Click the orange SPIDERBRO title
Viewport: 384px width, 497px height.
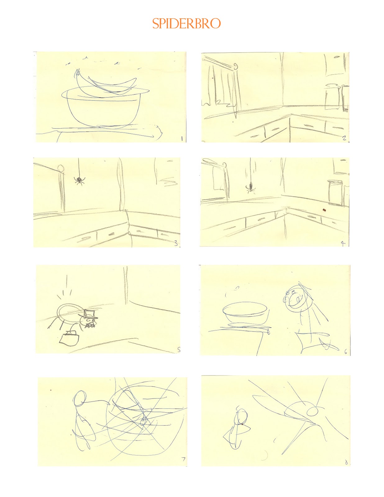tap(186, 23)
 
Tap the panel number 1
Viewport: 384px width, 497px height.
tap(182, 139)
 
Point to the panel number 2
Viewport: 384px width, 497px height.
tap(344, 138)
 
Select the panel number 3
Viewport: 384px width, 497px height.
tap(176, 243)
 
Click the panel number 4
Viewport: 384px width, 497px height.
tap(343, 244)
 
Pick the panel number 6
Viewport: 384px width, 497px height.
tap(346, 352)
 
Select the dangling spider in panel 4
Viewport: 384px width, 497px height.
tap(250, 187)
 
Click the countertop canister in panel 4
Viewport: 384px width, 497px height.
tap(335, 193)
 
